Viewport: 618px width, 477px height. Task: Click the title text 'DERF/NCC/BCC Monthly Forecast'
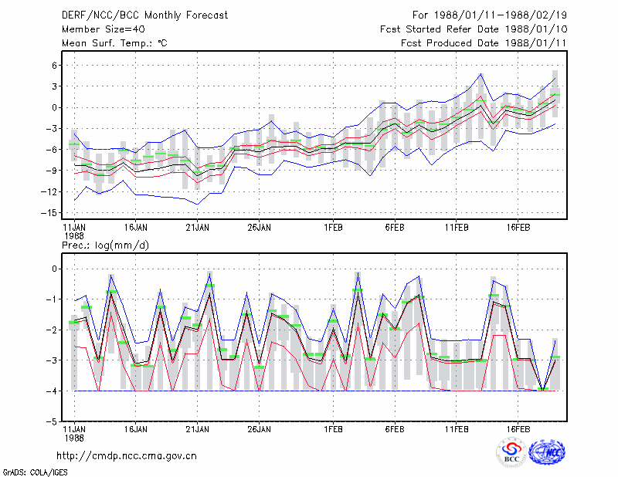[x=144, y=15]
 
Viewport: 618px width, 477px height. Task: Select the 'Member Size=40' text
[x=104, y=29]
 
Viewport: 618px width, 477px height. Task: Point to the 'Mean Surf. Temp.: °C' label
[x=114, y=43]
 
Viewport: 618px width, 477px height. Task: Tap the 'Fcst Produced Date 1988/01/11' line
[x=484, y=43]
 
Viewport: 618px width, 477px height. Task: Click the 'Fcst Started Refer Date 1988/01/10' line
[x=474, y=29]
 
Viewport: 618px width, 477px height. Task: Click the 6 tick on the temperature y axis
[x=54, y=66]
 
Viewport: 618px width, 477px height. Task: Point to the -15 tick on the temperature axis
[x=49, y=213]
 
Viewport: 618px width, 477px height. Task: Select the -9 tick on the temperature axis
[x=51, y=171]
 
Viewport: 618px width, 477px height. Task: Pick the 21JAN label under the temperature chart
[x=198, y=228]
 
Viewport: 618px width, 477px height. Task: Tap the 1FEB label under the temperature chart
[x=334, y=228]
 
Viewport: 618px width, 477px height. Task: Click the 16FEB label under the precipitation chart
[x=518, y=429]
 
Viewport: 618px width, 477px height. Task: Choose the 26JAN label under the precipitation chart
[x=259, y=429]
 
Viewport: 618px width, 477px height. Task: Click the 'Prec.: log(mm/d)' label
[x=105, y=245]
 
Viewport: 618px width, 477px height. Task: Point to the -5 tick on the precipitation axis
[x=51, y=422]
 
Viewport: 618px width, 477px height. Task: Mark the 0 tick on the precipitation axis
[x=54, y=269]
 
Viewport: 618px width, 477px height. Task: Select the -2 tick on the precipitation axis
[x=51, y=330]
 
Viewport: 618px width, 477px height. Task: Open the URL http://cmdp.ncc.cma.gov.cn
[x=127, y=456]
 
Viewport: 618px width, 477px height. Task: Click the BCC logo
[x=511, y=452]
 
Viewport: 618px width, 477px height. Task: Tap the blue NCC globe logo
[x=547, y=452]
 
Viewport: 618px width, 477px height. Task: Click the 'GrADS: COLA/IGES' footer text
[x=35, y=472]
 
